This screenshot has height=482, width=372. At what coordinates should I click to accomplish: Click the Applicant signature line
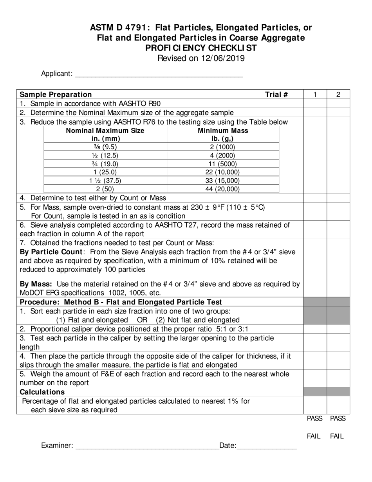pos(159,74)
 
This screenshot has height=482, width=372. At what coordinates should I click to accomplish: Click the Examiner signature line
pos(147,446)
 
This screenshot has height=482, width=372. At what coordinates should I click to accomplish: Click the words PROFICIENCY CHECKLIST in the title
pos(201,48)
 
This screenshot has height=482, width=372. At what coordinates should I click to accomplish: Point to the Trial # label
pos(276,94)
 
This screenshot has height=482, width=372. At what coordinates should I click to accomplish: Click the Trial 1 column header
pos(315,94)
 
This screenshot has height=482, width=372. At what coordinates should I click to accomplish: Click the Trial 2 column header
pos(338,94)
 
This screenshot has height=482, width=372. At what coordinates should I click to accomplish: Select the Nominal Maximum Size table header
pos(105,134)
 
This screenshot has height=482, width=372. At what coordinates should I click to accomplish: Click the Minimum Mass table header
pos(223,134)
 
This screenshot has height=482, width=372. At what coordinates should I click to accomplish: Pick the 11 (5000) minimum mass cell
pos(223,164)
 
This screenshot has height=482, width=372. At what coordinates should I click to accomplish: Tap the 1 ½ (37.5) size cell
pos(105,181)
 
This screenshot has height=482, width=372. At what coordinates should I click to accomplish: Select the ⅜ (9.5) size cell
pos(105,147)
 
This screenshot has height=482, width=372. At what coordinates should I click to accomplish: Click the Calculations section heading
pos(42,392)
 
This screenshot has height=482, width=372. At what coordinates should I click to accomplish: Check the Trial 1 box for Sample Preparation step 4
pos(315,198)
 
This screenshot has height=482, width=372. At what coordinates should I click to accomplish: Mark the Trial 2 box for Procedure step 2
pos(338,329)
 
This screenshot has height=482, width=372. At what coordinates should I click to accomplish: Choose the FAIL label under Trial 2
pos(337,436)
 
